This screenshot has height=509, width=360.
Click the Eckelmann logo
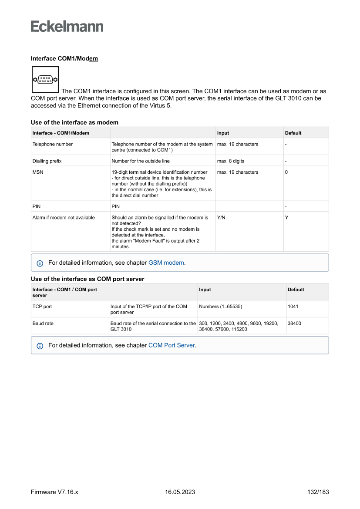pos(67,27)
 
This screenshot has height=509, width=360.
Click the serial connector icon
pos(45,80)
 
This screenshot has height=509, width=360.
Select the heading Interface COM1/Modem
pos(64,58)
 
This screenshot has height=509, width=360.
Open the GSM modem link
pos(166,263)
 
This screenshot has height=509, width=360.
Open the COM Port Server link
pos(172,345)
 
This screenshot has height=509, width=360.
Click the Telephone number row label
pos(52,144)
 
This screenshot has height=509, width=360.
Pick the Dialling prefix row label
pos(47,161)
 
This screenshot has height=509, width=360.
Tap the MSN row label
pos(38,172)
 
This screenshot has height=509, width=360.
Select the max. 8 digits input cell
pos(231,161)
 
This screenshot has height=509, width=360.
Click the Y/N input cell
pos(221,217)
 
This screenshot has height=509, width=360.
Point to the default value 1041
pos(293,307)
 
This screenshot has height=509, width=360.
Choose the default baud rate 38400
pos(295,324)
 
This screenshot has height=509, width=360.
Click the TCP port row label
pos(42,307)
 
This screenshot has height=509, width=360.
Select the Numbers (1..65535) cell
pos(220,307)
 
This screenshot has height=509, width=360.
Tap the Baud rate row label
pos(43,324)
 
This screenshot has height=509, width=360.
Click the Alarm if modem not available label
pos(64,217)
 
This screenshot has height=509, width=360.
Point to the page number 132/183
pos(318,492)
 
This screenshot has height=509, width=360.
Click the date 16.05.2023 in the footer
pos(180,492)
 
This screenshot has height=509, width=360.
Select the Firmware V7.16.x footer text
pos(54,492)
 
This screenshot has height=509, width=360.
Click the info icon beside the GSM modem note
pos(40,263)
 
